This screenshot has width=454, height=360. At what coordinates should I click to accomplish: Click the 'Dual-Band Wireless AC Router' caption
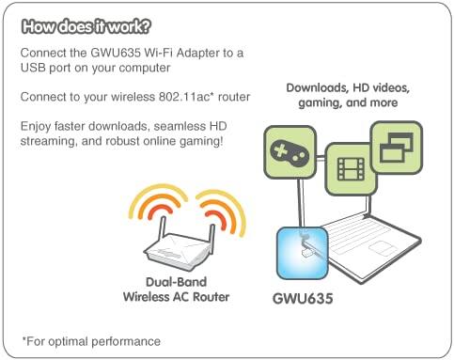(176, 290)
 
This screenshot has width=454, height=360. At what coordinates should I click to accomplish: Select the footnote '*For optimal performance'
(90, 340)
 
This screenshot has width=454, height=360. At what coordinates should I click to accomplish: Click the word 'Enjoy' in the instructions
(38, 125)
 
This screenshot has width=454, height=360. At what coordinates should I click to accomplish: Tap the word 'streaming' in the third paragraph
(49, 141)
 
